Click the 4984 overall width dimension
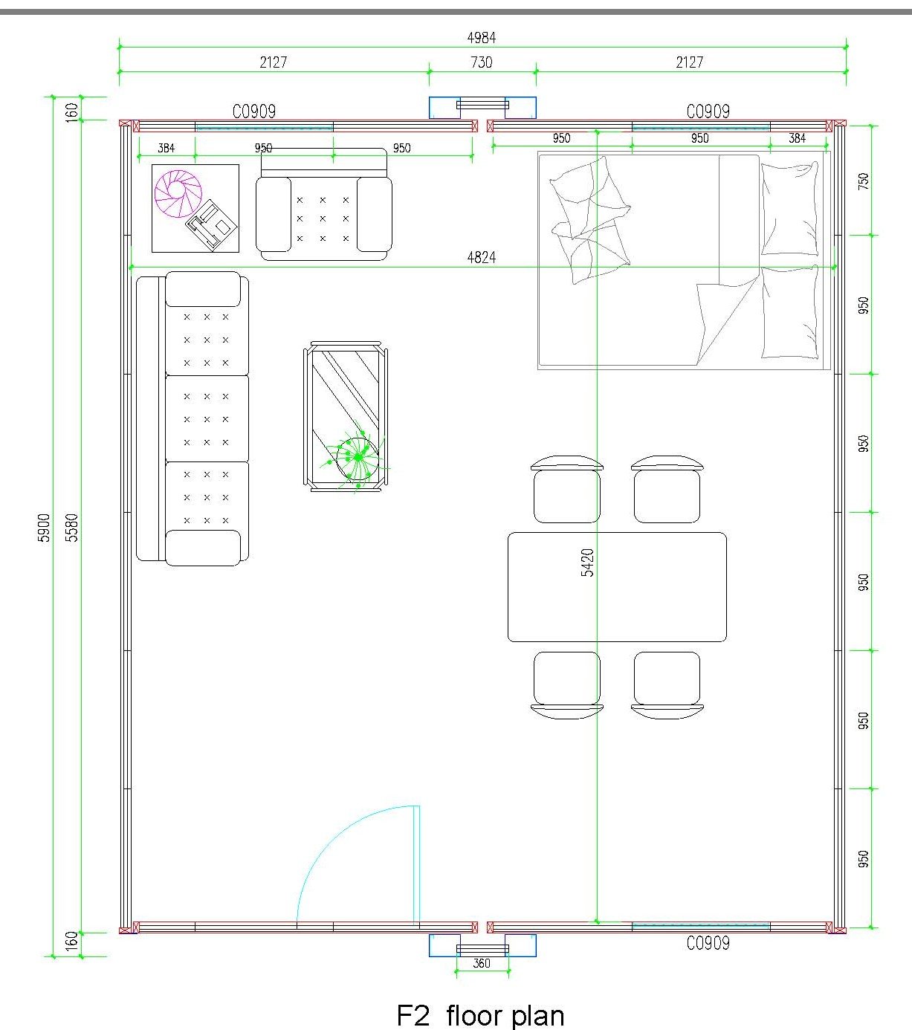click(481, 38)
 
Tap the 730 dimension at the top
click(481, 62)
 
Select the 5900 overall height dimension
click(45, 528)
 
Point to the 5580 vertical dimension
click(73, 528)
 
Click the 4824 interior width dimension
click(481, 258)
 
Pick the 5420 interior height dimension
click(587, 563)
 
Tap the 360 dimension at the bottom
click(481, 963)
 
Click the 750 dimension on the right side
click(863, 181)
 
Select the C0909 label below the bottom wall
click(708, 944)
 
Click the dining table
click(617, 586)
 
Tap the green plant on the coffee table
click(357, 456)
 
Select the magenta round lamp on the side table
click(178, 194)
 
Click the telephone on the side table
click(211, 225)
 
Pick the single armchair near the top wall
click(324, 205)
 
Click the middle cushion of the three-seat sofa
click(207, 419)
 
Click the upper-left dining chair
click(566, 489)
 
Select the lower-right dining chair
click(667, 685)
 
